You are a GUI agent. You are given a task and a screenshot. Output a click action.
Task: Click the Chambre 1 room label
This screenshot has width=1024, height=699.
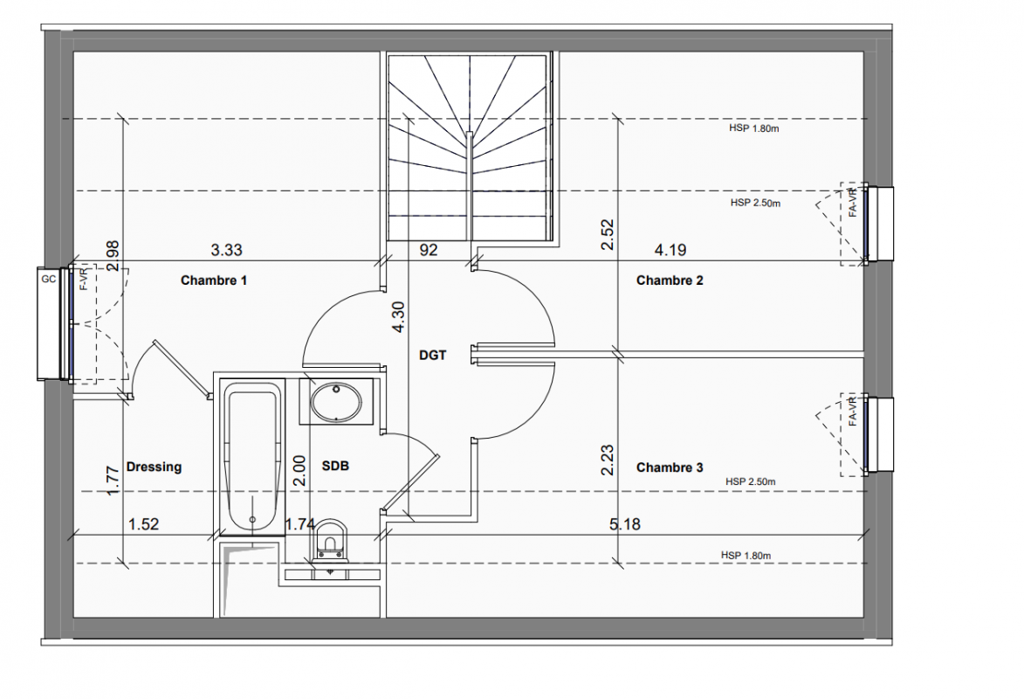214,280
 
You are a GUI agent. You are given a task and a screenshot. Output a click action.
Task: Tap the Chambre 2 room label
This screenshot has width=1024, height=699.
670,280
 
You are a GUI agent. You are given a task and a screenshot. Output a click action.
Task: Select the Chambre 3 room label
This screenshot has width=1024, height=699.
670,467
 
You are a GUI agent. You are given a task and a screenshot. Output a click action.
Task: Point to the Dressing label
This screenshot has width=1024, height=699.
154,467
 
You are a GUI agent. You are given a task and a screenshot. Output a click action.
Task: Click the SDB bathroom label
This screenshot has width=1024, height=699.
335,466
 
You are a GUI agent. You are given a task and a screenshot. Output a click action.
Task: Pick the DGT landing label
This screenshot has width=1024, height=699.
432,355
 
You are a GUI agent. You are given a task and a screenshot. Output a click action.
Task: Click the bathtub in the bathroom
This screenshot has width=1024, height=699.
253,456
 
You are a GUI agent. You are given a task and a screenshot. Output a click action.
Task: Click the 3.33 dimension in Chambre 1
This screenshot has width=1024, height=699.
227,250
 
